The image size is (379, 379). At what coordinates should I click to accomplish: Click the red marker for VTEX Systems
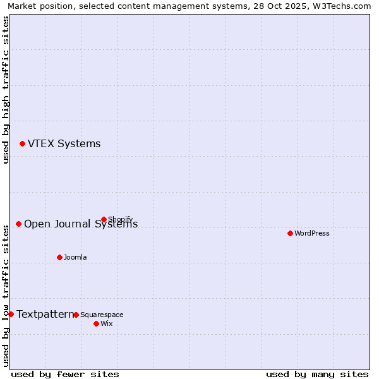[22, 144]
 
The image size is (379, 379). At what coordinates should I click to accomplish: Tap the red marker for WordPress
[290, 233]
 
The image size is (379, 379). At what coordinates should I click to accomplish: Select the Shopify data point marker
[104, 219]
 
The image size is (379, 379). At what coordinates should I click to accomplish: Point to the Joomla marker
[59, 257]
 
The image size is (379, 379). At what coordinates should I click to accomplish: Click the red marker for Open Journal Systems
[18, 224]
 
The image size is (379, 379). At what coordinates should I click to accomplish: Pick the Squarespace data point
[76, 315]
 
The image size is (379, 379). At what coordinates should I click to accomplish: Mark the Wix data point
[96, 323]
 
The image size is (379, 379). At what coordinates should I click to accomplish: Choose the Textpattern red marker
[11, 314]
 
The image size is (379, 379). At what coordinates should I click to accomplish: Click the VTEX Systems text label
[64, 144]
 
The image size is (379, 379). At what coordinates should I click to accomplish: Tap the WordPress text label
[312, 233]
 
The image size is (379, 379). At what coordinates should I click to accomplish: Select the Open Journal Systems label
[80, 224]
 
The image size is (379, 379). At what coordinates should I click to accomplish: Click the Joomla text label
[75, 257]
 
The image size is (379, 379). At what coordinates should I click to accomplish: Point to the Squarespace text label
[102, 315]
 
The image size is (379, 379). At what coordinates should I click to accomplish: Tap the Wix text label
[106, 323]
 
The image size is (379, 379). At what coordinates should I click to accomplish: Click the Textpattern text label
[45, 314]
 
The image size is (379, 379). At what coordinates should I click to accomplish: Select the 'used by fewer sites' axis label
[65, 374]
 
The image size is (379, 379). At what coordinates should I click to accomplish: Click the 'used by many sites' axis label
[317, 374]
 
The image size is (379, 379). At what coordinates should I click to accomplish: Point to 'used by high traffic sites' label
[6, 90]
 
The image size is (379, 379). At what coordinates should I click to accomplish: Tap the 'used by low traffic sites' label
[6, 294]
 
